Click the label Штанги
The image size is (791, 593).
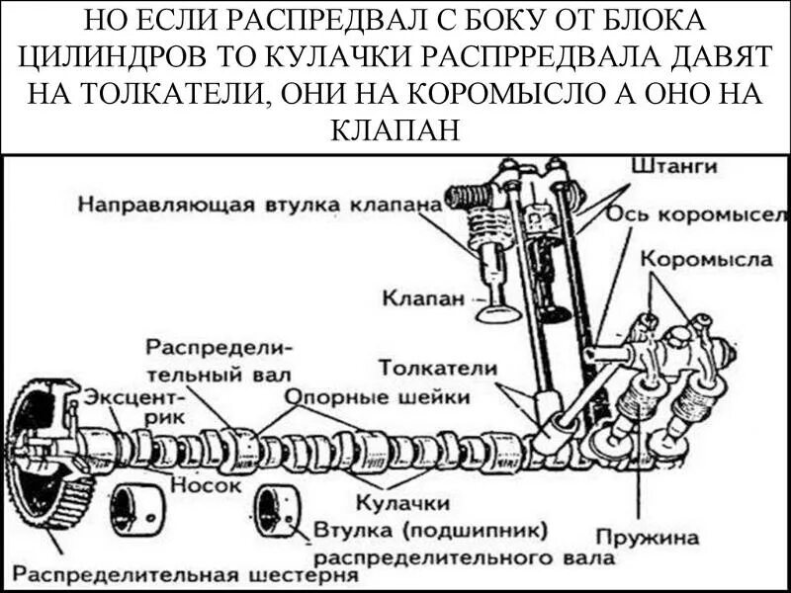click(682, 167)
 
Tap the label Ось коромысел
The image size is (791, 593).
click(696, 214)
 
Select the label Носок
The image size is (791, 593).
click(207, 485)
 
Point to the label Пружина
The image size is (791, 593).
click(652, 539)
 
